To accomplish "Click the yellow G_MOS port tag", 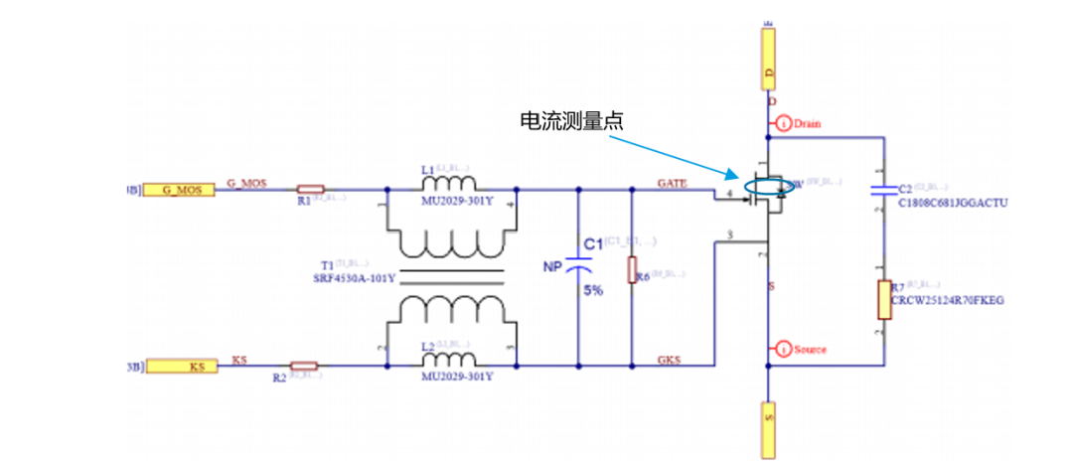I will (179, 189).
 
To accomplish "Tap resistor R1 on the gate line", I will (310, 188).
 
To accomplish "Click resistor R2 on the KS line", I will (303, 366).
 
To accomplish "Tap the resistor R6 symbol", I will (631, 270).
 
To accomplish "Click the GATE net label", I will (671, 182).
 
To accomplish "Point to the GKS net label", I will (668, 360).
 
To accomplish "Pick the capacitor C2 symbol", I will (881, 190).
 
